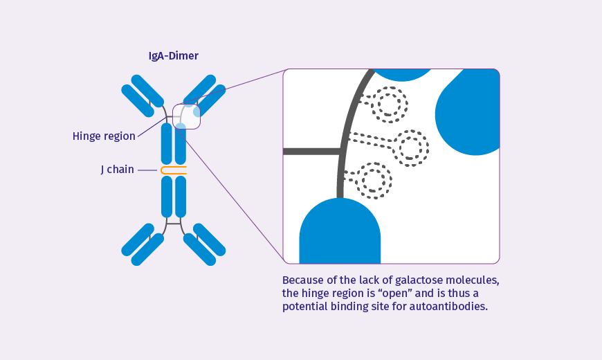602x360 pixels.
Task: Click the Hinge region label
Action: point(104,136)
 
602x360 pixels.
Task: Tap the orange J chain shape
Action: point(173,170)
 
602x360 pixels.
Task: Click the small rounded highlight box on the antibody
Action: point(186,116)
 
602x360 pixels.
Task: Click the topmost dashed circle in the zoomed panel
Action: point(389,104)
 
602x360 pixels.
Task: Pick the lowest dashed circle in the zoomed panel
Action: point(374,181)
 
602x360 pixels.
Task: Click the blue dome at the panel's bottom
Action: point(340,232)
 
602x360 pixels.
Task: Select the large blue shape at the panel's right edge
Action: point(471,111)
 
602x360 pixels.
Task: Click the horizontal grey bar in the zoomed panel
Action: point(311,151)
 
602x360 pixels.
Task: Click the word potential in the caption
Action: point(305,306)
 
